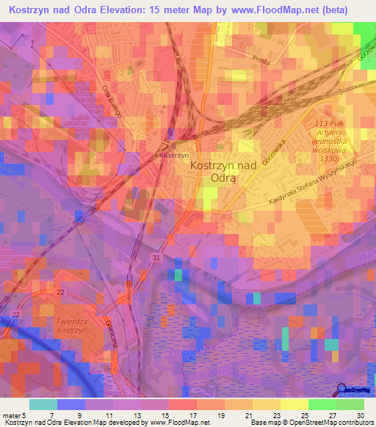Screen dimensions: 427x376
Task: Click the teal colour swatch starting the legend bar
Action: coord(43,404)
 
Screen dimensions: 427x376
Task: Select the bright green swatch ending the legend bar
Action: coord(350,404)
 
